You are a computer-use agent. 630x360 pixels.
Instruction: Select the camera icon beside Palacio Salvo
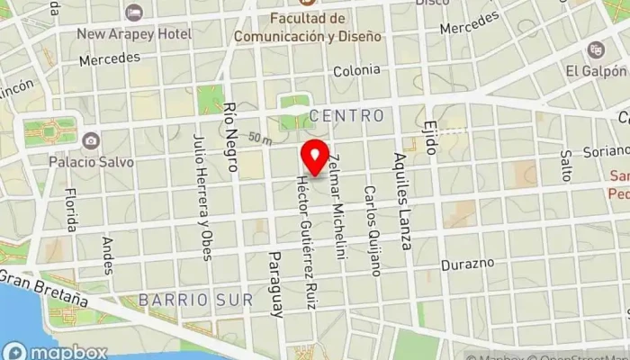[90, 140]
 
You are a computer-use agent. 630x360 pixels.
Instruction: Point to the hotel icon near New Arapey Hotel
[134, 13]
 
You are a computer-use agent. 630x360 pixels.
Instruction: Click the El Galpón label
[596, 70]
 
